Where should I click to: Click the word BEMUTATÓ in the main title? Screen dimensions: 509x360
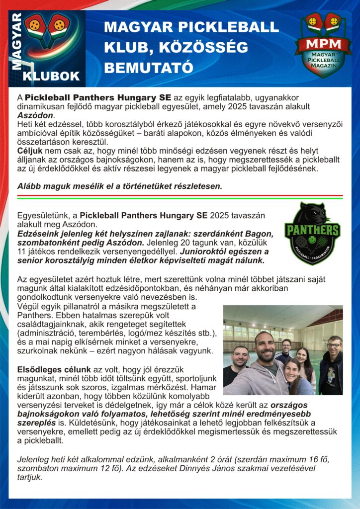[148, 65]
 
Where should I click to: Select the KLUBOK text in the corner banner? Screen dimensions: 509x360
[51, 76]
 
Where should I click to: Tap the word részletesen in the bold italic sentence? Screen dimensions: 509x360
[196, 186]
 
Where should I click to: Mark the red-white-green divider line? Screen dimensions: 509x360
[180, 196]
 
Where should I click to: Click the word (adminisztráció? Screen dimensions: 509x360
[46, 333]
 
